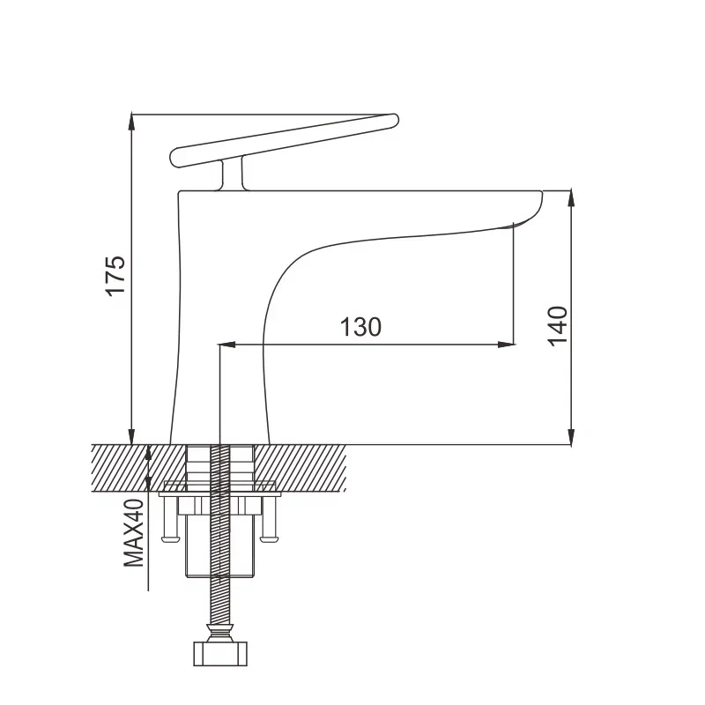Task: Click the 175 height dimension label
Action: pos(116,276)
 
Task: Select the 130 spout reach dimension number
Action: pos(361,327)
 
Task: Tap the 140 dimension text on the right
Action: pos(558,326)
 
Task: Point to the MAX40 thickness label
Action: pos(133,533)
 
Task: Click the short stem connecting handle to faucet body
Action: pos(234,174)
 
